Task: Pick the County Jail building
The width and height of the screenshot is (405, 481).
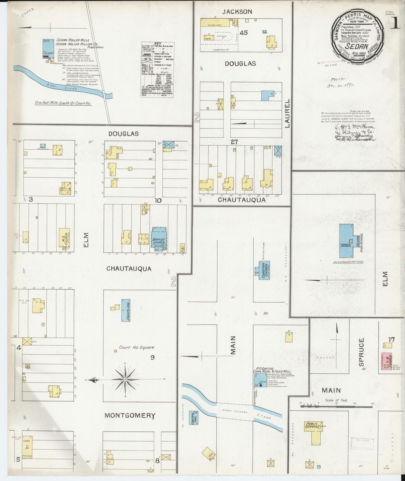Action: click(126, 310)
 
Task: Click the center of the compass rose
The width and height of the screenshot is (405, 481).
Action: click(125, 379)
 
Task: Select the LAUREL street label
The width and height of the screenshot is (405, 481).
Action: click(287, 113)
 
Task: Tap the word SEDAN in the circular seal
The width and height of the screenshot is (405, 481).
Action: click(357, 46)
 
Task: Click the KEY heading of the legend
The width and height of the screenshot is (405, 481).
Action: click(158, 43)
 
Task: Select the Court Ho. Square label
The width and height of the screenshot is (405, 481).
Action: click(137, 347)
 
